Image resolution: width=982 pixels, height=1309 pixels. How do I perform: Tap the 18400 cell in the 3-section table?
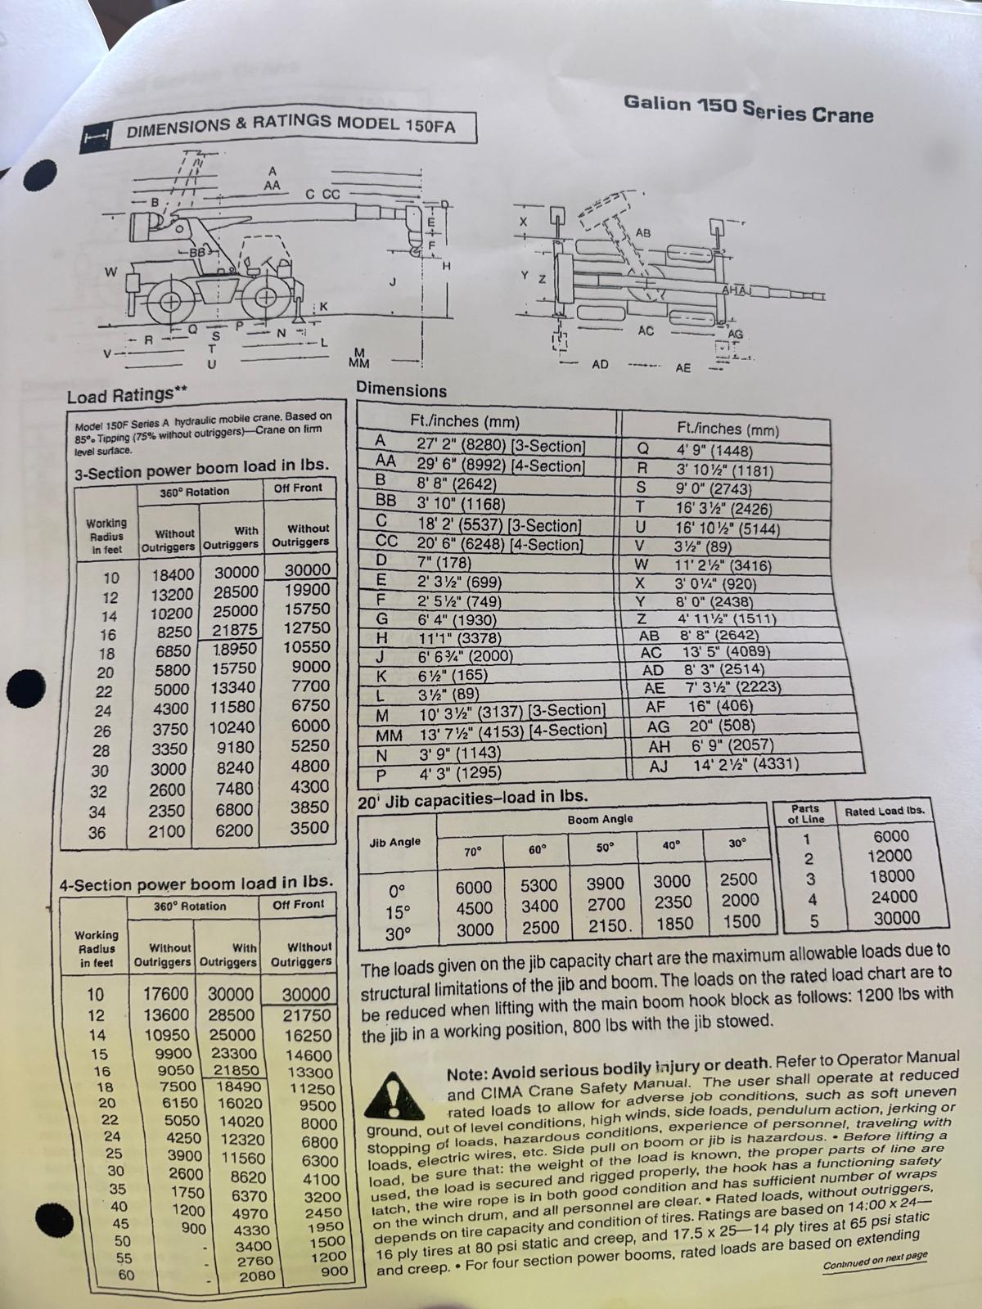pos(173,574)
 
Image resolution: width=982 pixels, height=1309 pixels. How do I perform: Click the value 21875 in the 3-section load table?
pos(236,630)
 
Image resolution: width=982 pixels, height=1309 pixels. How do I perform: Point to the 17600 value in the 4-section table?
pos(166,993)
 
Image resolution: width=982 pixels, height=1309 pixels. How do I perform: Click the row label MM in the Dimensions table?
pos(389,735)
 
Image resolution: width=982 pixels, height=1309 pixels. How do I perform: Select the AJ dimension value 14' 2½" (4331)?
pos(746,764)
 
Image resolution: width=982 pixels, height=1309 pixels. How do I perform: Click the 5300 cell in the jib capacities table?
pos(538,885)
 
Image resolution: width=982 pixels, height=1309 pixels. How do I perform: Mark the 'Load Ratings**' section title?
pos(127,395)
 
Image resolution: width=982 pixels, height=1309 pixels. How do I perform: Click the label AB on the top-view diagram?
pos(643,232)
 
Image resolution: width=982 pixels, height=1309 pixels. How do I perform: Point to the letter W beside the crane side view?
pos(111,272)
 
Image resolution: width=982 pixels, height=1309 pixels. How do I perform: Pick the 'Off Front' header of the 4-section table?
pos(298,904)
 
